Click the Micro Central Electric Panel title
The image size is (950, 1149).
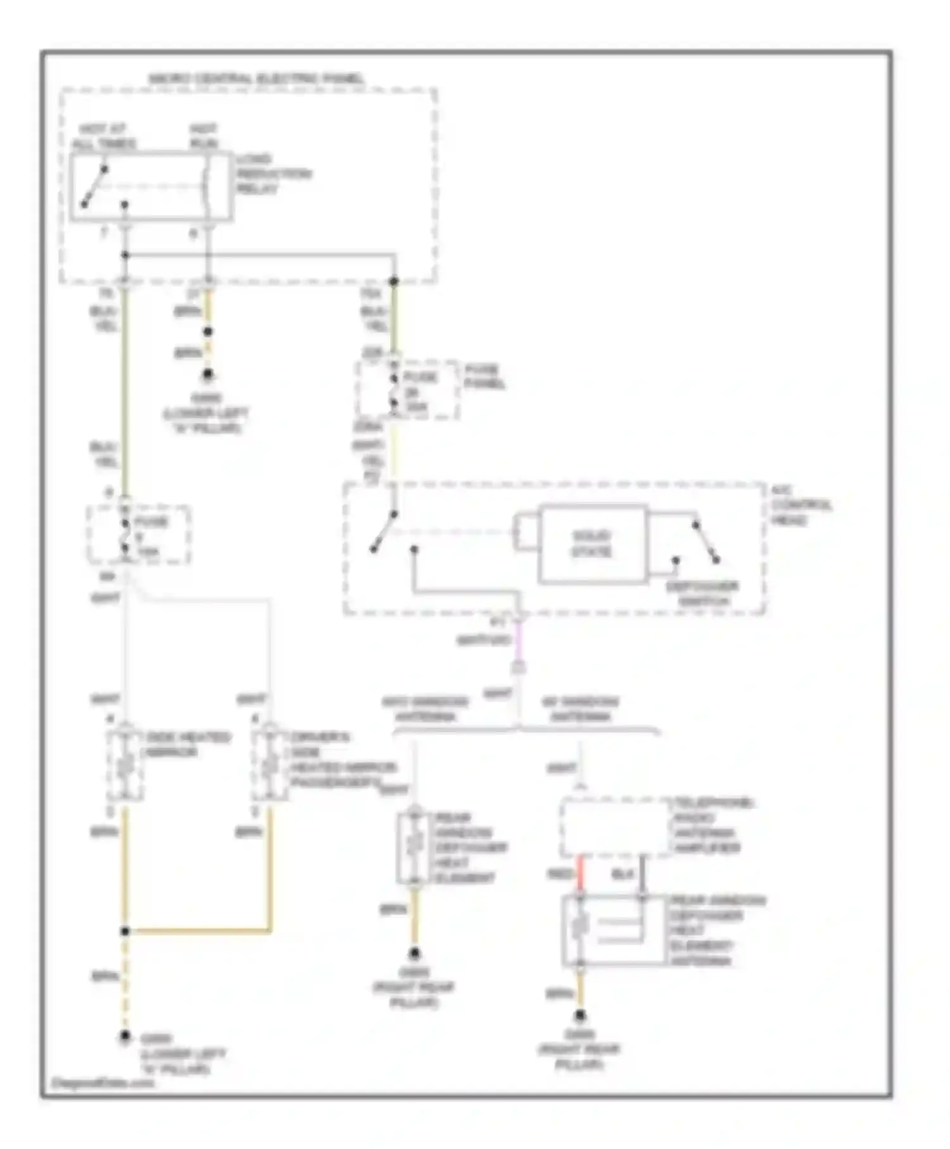(256, 79)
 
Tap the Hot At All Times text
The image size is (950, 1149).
(103, 136)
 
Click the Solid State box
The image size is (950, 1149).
(592, 543)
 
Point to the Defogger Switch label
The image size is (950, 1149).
(702, 594)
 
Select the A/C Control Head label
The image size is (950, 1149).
(801, 505)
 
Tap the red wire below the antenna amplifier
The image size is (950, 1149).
(580, 875)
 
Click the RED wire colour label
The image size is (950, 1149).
(559, 875)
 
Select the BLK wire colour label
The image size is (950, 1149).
(623, 875)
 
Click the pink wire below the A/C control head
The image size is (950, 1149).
(519, 640)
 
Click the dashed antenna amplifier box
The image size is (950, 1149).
(616, 827)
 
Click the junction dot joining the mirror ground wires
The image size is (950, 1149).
(125, 931)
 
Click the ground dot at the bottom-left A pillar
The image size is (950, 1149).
(125, 1037)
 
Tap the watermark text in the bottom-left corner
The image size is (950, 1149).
(102, 1082)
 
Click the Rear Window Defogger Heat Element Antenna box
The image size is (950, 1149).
(614, 930)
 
